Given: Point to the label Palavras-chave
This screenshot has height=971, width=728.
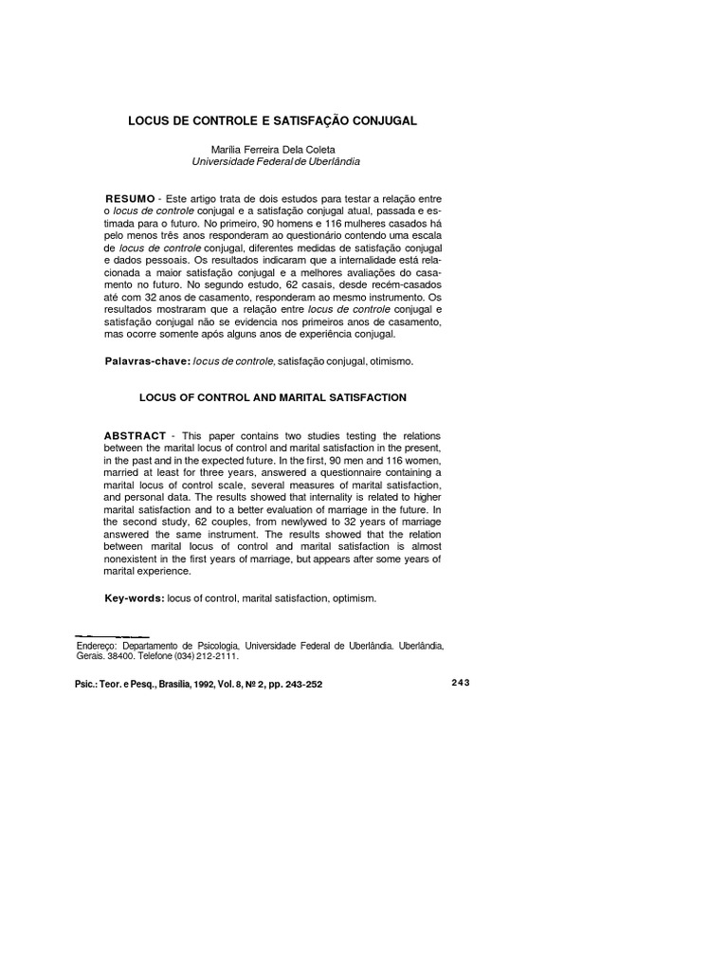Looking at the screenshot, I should pyautogui.click(x=147, y=362).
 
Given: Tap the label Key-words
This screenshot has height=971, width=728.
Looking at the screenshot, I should pyautogui.click(x=134, y=598).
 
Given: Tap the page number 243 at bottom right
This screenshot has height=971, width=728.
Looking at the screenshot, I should pyautogui.click(x=461, y=682).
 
